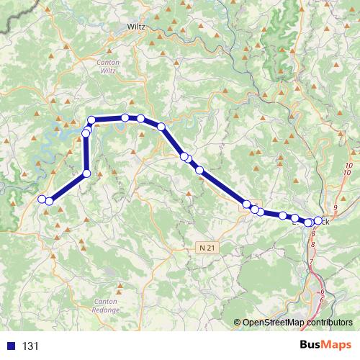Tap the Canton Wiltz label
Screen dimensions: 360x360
pos(107,66)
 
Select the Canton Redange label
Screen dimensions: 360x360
pos(106,305)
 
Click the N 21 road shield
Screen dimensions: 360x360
pos(206,248)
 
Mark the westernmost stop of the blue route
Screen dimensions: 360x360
pos(42,199)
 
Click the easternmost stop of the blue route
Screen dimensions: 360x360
pos(318,221)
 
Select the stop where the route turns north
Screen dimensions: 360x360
pos(87,173)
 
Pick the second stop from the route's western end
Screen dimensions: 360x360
pos(49,202)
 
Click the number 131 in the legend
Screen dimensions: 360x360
pos(30,346)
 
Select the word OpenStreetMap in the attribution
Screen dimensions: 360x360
pos(274,323)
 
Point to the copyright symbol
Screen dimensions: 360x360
pos(238,323)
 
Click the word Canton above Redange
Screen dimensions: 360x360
pos(106,300)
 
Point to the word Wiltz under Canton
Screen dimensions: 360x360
pos(107,71)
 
